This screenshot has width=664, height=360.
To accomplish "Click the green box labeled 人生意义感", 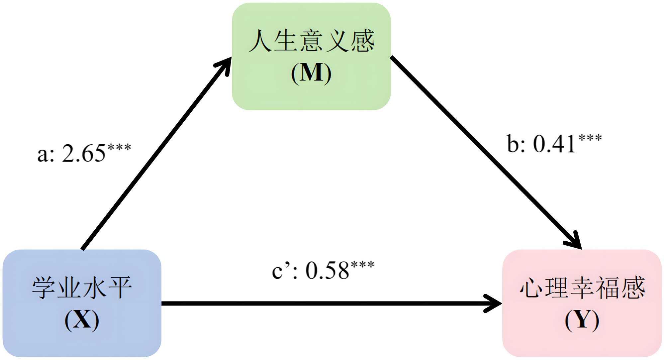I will (311, 96).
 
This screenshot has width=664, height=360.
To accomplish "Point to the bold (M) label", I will (311, 73).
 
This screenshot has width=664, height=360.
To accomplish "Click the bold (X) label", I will (82, 320).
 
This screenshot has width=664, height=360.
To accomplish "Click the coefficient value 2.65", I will (84, 154).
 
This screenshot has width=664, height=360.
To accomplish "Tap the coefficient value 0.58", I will (327, 271).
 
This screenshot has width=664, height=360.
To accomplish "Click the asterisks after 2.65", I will (119, 147).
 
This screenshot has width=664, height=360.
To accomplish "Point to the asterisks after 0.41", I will (590, 138).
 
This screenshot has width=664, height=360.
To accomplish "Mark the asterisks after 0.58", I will (362, 265).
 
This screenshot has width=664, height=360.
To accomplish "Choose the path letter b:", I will (516, 144).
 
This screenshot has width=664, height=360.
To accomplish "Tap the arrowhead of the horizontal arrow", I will (494, 303).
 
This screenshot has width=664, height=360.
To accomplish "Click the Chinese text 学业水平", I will (82, 288).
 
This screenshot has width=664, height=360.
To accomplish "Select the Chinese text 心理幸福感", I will (582, 288).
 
